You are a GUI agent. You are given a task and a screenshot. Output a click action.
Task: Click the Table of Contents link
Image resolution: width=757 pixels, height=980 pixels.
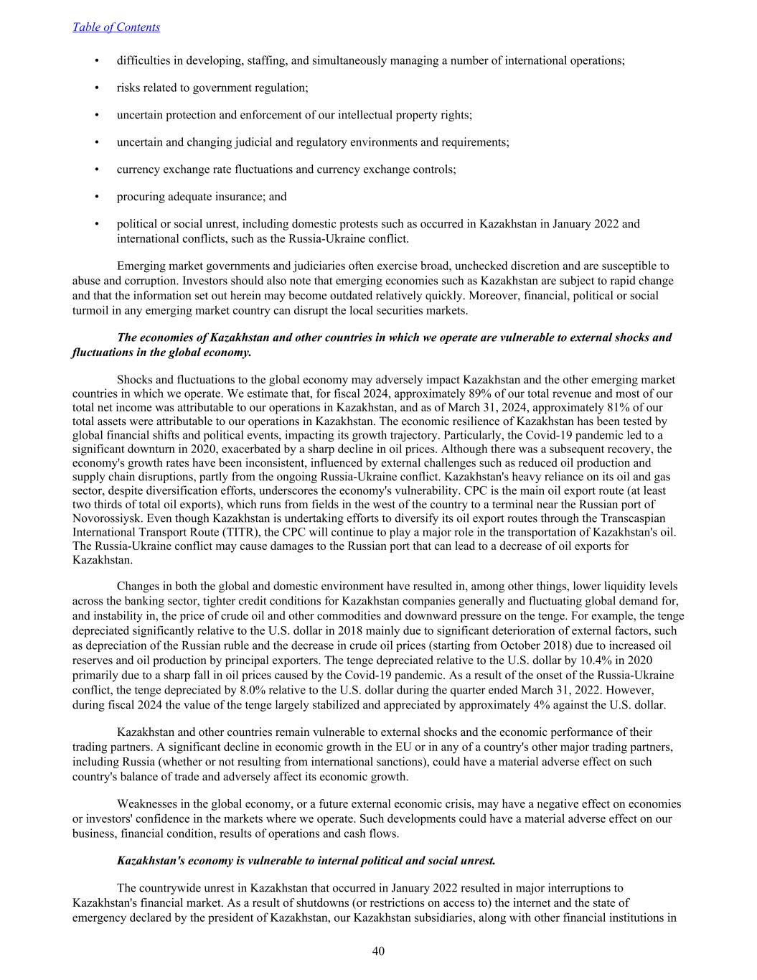click(x=116, y=27)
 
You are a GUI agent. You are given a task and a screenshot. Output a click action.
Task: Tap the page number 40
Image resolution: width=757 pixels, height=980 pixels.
click(x=378, y=951)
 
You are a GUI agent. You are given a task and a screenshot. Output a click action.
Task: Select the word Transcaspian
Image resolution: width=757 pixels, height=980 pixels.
click(x=633, y=518)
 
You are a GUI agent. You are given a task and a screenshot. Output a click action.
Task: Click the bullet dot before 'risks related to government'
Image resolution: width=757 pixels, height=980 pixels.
click(x=97, y=88)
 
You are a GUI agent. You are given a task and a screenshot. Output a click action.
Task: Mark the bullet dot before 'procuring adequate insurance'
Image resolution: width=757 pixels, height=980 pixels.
click(x=97, y=197)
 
